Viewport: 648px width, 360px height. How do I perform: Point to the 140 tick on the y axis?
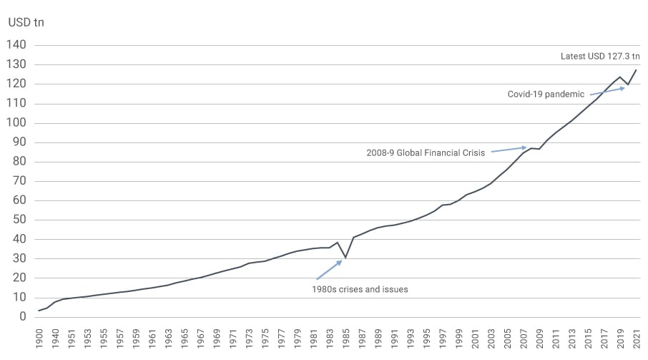point(16,45)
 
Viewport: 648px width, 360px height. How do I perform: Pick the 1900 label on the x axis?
point(39,338)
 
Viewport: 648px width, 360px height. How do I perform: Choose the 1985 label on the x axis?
point(345,338)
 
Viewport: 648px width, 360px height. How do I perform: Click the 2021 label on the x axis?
point(636,338)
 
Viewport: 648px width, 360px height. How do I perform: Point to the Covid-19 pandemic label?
point(546,94)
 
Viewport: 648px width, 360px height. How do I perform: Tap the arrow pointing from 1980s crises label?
point(330,269)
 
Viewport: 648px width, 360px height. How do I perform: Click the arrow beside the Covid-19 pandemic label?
point(607,90)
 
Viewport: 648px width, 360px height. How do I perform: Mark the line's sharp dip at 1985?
point(345,258)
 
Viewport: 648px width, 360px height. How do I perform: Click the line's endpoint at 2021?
point(636,70)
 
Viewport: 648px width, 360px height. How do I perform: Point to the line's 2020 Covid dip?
point(628,85)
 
